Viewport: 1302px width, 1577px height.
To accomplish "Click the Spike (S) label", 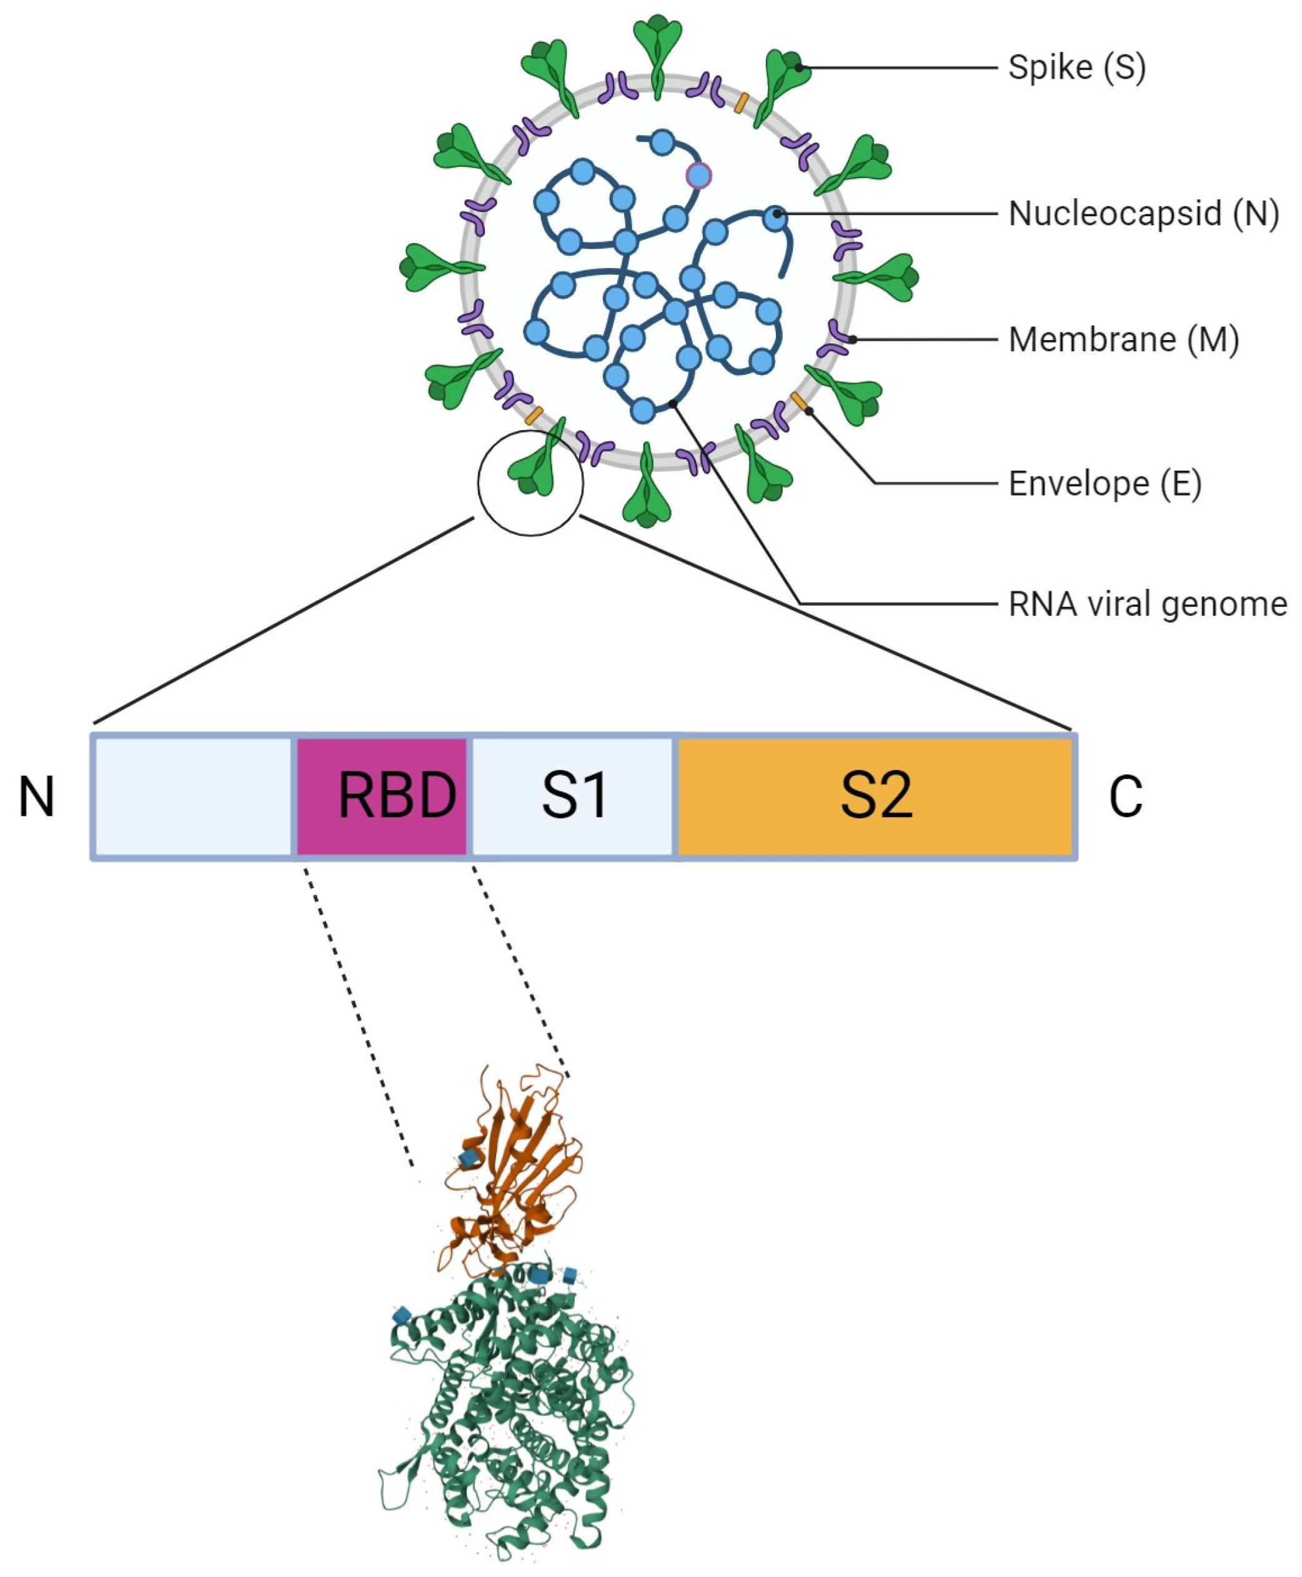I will coord(1076,68).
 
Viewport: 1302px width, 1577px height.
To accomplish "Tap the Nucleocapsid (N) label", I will coord(1143,214).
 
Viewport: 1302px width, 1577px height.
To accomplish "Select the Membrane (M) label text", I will coord(1123,340).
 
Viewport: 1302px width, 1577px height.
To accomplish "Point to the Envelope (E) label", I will coord(1104,484).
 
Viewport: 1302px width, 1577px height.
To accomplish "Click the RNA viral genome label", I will coord(1147,604).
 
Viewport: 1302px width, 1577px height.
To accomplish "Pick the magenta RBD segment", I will coord(382,796).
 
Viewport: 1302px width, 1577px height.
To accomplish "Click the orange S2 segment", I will coord(875,796).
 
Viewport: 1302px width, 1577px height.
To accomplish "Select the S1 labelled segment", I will coord(574,796).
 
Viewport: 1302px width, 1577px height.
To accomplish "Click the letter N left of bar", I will coord(36,797).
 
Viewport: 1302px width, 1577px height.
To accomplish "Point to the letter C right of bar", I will coord(1125,797).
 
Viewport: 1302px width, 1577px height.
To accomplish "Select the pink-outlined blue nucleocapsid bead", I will coord(698,176).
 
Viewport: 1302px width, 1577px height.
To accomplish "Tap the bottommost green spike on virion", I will coord(647,491).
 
